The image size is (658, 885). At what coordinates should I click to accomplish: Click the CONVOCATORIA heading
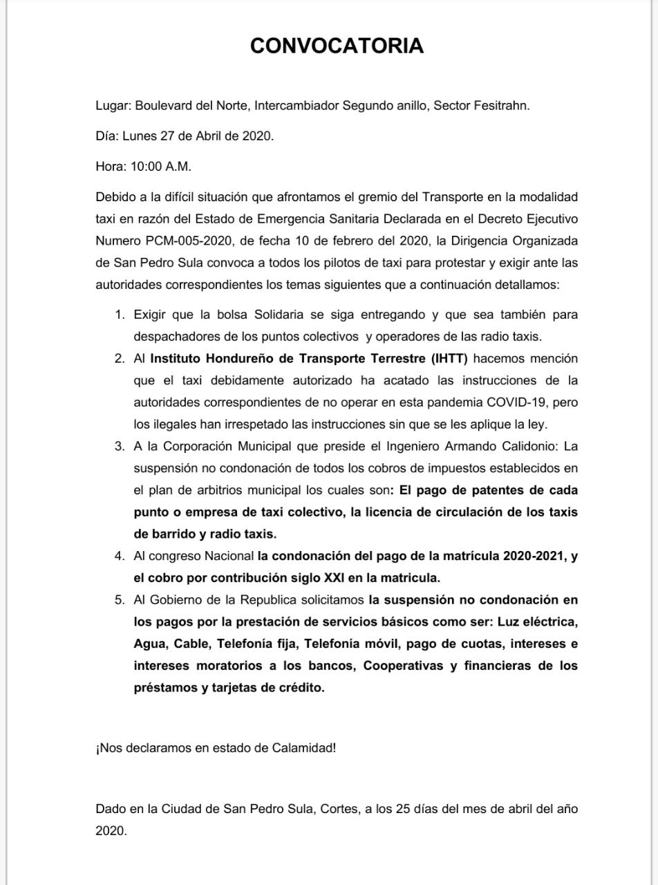pos(337,46)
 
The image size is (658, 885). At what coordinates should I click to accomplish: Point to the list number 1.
pos(120,315)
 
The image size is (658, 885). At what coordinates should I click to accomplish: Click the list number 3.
pos(120,446)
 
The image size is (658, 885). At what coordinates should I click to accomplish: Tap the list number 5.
pos(120,599)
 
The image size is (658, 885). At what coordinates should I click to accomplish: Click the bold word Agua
pos(150,644)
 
